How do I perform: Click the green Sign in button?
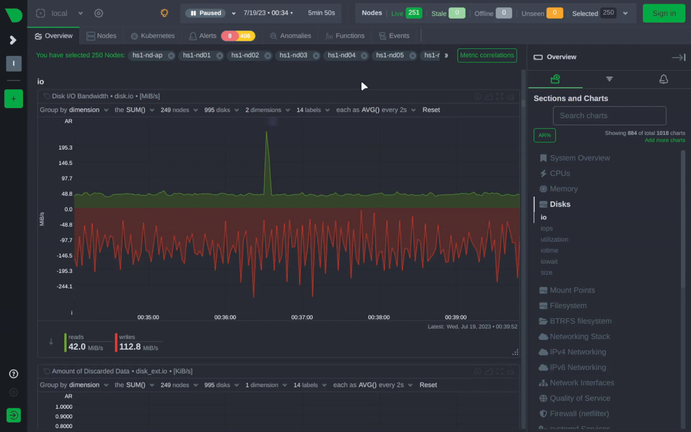coord(664,13)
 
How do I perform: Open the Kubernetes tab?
coord(153,36)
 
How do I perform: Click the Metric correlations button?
coord(487,55)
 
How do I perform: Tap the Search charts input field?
coord(609,116)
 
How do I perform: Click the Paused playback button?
coord(206,13)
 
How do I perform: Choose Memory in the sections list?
coord(563,189)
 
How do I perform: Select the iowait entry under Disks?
coord(549,262)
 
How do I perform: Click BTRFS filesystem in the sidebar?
coord(580,321)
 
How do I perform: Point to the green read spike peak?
coord(267,132)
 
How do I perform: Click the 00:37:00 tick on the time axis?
coord(302,317)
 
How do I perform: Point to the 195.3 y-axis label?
coord(65,148)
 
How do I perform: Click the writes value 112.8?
coord(130,347)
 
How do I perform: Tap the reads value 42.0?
coord(77,347)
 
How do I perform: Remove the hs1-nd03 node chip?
coord(316,56)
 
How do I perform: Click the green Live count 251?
coord(414,13)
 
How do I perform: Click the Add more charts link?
coord(665,140)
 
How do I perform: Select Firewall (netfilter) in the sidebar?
coord(579,414)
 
